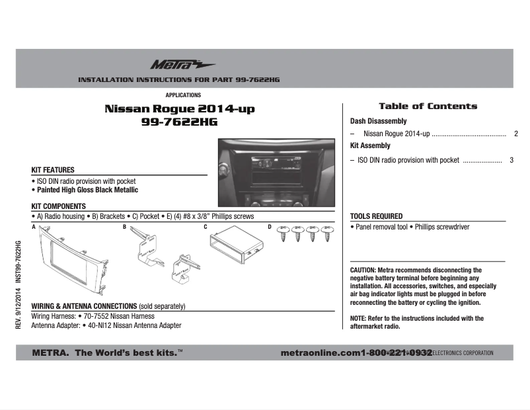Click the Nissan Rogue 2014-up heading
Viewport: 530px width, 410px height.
point(179,108)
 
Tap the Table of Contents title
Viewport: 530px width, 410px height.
point(428,106)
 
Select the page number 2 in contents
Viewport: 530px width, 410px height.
point(515,134)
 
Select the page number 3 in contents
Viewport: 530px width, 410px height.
point(511,160)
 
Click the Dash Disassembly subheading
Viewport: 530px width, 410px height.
point(378,122)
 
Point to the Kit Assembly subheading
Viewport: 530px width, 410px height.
point(370,145)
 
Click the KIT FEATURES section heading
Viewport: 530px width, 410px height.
point(53,170)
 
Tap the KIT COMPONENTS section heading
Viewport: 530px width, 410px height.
point(59,206)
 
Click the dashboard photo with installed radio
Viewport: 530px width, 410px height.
point(277,171)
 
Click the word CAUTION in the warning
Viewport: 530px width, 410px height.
point(363,270)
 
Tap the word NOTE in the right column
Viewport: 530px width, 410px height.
point(358,318)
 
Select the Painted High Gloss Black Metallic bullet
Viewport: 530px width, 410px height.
point(87,190)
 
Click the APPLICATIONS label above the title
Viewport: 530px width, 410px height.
point(183,95)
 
